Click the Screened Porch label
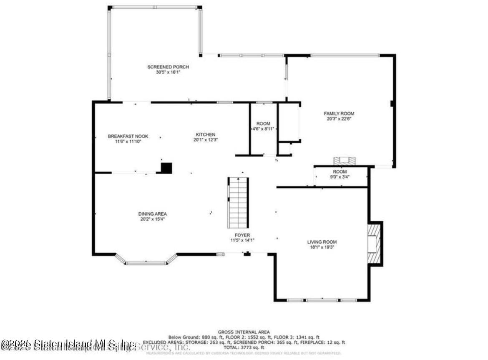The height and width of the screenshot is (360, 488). pos(168,67)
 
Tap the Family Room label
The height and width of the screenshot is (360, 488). pos(339,113)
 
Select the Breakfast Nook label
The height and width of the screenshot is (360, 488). pos(128,136)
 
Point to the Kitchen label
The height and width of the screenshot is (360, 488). pos(206,135)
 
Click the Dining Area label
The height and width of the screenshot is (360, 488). pos(152,214)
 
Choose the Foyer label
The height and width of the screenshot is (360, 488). pos(242,235)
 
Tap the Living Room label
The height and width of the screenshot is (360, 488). pos(322,242)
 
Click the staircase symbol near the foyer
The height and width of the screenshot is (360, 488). pos(238,203)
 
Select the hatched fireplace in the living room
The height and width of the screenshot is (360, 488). pos(374,244)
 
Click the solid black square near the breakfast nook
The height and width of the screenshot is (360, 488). pos(166,168)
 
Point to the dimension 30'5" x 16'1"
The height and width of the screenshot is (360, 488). pos(168,72)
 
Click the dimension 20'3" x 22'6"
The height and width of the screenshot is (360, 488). pos(339,118)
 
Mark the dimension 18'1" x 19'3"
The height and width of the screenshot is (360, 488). pos(322,247)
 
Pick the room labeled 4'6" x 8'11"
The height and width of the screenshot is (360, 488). pos(263,126)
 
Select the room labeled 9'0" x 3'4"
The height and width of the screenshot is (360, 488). pos(340,174)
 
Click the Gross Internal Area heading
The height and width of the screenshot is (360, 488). pos(244,332)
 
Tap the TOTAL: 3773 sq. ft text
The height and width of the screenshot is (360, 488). pos(244,347)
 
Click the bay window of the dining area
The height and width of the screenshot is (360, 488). pos(146,262)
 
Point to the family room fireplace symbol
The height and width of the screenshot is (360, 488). pos(344,161)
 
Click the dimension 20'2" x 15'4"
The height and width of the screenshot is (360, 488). pos(152,219)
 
